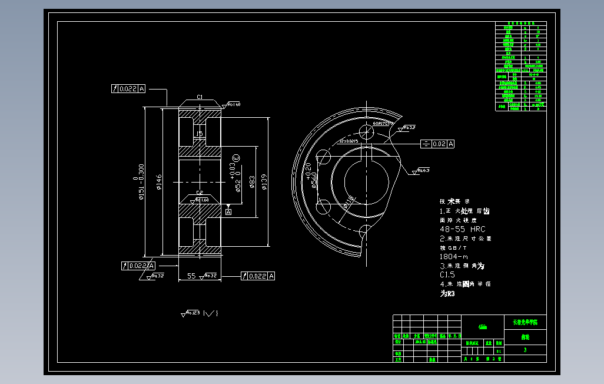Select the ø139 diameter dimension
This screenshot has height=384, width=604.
264,183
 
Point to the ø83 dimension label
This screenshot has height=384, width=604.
252,183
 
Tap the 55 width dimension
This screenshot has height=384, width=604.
191,276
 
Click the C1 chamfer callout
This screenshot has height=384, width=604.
200,97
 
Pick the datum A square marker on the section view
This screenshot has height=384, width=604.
228,211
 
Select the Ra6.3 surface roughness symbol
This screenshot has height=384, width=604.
422,171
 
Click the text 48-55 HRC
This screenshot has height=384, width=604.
463,229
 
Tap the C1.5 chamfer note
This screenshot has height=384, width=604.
447,274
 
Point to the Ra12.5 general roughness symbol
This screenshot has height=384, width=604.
191,313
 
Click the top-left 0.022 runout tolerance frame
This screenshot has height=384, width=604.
128,89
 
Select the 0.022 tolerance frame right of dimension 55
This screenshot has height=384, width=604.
257,276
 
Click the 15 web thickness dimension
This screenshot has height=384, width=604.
199,134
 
